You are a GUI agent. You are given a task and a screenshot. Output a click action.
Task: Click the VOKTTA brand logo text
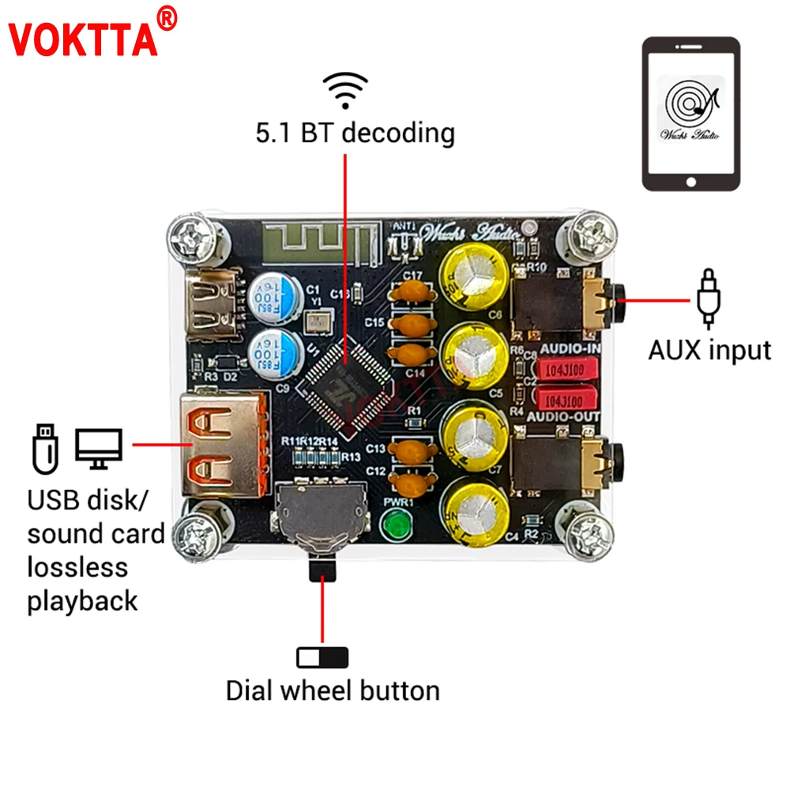point(82,37)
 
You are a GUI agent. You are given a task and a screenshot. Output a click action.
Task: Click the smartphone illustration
point(691,114)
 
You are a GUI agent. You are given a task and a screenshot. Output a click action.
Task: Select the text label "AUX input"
point(709,349)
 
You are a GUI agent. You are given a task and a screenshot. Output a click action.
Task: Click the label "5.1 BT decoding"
point(355,133)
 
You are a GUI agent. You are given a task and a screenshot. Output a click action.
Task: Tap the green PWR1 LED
point(393,525)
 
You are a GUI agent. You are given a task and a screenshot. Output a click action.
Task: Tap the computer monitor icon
point(99,448)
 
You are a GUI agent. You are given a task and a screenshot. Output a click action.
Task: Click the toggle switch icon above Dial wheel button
point(322,657)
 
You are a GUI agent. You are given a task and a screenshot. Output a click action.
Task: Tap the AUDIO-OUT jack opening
point(618,456)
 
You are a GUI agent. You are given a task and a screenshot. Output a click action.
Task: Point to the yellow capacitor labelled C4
point(475,514)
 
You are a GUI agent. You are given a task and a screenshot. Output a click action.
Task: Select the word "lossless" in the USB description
point(77,566)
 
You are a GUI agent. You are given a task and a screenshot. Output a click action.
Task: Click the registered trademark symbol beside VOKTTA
point(167,17)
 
